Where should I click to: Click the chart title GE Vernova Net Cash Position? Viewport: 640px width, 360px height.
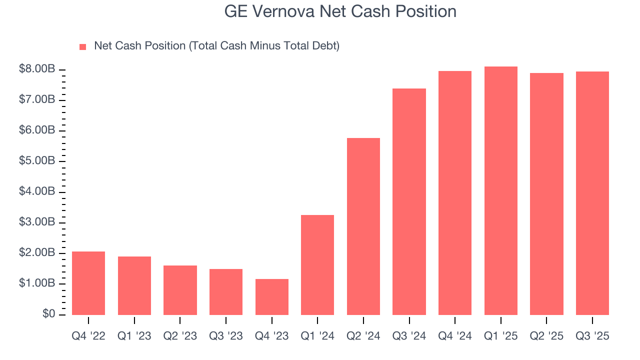(340, 11)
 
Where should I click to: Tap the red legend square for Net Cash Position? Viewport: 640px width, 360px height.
(83, 46)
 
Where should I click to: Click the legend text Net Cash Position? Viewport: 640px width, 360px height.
(216, 46)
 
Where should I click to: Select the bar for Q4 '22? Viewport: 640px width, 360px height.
(88, 283)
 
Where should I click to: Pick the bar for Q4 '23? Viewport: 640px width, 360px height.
(271, 297)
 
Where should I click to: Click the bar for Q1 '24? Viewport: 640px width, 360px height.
(317, 265)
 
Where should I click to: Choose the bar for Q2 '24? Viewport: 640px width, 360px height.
(363, 226)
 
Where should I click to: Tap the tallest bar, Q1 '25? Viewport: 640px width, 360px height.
(500, 190)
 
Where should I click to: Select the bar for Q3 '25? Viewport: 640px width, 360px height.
(592, 193)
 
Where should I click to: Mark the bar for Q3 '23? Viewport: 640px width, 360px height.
(226, 292)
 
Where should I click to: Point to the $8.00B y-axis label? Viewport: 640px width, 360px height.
(37, 69)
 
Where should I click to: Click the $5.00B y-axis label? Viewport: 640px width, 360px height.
(37, 161)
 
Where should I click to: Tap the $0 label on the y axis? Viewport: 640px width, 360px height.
(48, 314)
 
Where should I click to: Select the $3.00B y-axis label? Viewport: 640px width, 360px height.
(37, 222)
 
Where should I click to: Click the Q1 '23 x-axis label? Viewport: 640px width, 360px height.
(134, 336)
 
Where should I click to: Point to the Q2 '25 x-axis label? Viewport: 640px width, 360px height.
(546, 336)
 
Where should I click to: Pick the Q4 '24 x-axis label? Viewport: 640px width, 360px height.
(455, 336)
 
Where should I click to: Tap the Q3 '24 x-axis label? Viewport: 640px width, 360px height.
(409, 336)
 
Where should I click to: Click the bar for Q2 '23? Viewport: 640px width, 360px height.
(180, 290)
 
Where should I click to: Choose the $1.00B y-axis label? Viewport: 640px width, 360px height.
(37, 283)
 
